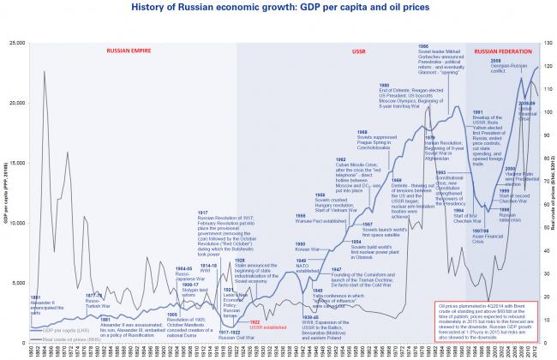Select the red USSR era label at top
click(x=334, y=51)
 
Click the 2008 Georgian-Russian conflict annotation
click(x=506, y=63)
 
